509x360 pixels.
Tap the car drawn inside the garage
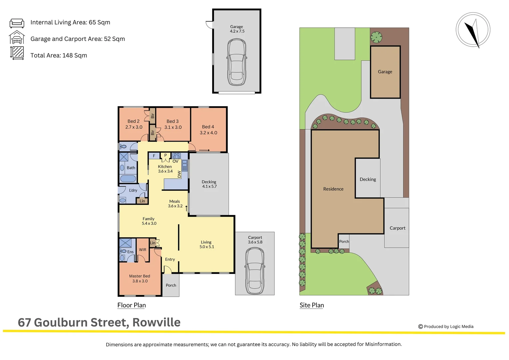pos(237,62)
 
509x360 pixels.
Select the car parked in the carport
pos(255,271)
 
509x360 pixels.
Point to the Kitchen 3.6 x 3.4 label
pos(165,169)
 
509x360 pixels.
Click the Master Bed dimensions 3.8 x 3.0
pos(140,281)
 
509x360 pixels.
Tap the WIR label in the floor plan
pos(143,250)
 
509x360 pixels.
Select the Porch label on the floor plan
pos(171,285)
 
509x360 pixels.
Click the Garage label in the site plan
pos(385,72)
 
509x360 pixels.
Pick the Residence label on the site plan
pos(333,189)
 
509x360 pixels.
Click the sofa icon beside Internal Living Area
pos(17,23)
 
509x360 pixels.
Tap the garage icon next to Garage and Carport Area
pos(17,38)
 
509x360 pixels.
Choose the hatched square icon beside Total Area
pos(17,53)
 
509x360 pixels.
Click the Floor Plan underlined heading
pos(132,305)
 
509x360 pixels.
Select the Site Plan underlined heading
pos(311,305)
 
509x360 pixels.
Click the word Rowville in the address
pos(156,323)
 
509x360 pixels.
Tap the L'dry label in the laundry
pos(133,190)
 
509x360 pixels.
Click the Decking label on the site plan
pos(368,179)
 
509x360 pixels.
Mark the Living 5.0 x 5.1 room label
pos(207,244)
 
